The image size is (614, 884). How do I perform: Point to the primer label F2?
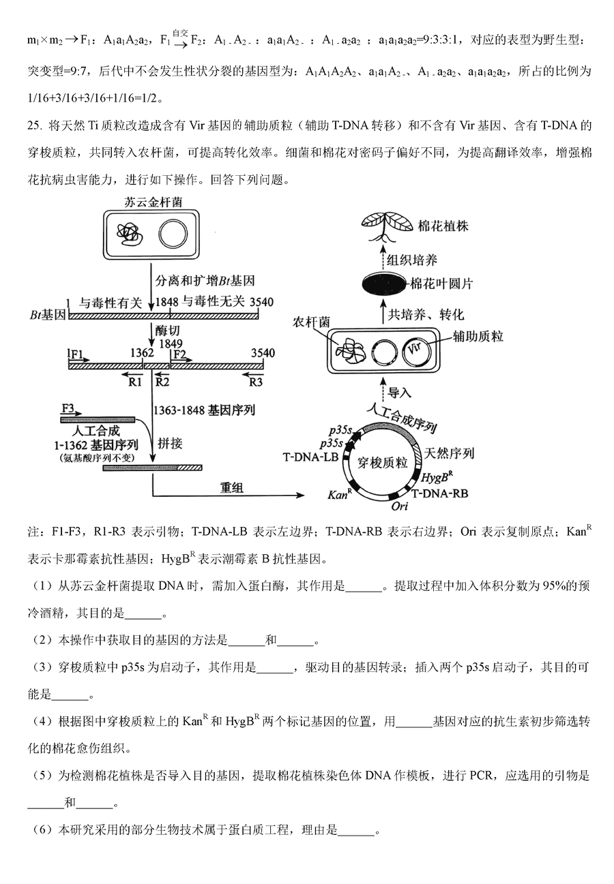tap(179, 354)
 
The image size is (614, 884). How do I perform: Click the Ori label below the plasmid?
tap(400, 507)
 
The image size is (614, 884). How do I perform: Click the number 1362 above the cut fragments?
tap(141, 353)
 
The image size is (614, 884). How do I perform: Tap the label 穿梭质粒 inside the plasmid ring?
tap(385, 463)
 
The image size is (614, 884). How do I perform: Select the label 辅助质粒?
tap(478, 336)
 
